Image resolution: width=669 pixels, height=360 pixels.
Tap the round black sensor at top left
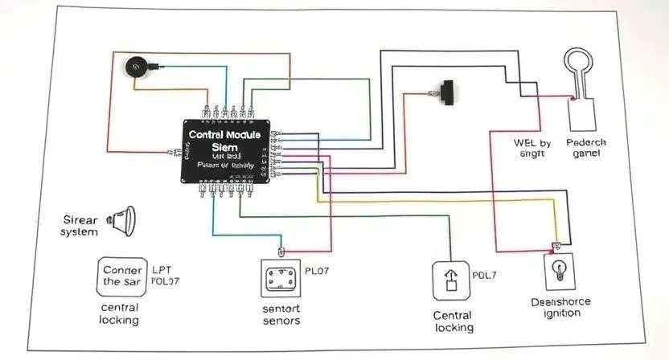point(136,66)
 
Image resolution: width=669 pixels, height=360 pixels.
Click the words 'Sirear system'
point(80,225)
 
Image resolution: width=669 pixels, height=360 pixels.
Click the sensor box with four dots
point(281,279)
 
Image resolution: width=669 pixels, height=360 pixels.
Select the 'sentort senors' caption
point(281,314)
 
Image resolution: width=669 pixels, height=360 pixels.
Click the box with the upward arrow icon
point(451,280)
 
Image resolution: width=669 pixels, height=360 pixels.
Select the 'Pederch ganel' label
point(586,148)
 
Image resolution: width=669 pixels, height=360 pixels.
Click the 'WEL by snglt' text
point(532,148)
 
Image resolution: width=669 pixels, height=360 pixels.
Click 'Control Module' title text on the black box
point(224,134)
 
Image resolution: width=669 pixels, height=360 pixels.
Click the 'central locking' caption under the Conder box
point(119,314)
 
